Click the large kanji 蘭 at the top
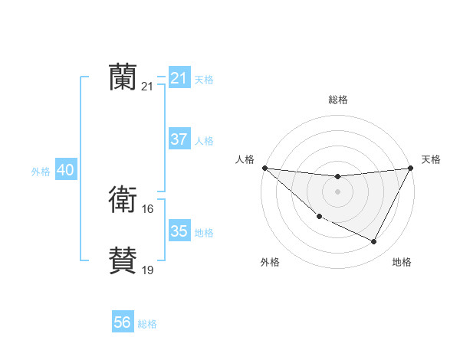[x=123, y=77]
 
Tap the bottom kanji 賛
[x=123, y=260]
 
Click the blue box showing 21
[x=179, y=78]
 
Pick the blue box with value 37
[x=179, y=140]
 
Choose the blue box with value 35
[x=179, y=231]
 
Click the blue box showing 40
[x=65, y=171]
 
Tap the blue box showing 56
[x=122, y=323]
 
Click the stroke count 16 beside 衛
[x=148, y=208]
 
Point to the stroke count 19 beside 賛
[x=148, y=269]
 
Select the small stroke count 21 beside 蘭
[x=148, y=87]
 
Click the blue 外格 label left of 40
[x=41, y=172]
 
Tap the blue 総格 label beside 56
[x=147, y=324]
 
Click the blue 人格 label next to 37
[x=204, y=141]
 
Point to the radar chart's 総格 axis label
[x=337, y=100]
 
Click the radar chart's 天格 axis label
[x=431, y=159]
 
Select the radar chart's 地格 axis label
[x=402, y=263]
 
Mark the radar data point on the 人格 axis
[x=264, y=168]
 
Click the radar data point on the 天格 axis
[x=410, y=168]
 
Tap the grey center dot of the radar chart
[x=337, y=191]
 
